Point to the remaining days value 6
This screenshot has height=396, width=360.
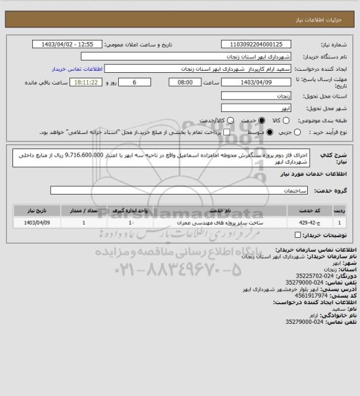pos(124,82)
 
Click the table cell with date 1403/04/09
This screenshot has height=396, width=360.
pos(37,223)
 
